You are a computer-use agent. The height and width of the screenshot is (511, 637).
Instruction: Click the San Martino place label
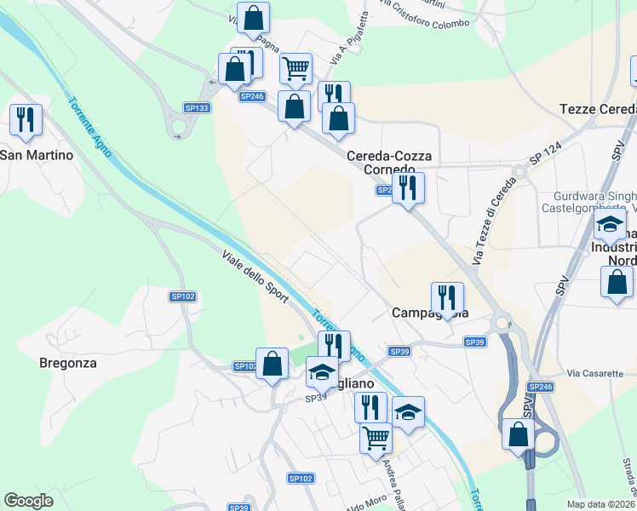(x=37, y=155)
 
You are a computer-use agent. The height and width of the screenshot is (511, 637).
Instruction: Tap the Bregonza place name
(x=68, y=362)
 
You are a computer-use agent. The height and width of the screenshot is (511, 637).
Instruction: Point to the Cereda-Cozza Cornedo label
(x=389, y=163)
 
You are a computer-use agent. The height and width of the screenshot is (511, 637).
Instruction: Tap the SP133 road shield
(x=197, y=108)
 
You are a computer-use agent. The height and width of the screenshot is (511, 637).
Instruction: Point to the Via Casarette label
(x=596, y=373)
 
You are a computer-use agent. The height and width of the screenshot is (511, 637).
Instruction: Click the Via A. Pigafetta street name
(x=351, y=38)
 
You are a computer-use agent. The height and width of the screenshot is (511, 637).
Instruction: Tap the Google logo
(x=28, y=501)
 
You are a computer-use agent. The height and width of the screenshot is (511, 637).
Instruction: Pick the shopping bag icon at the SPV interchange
(x=518, y=433)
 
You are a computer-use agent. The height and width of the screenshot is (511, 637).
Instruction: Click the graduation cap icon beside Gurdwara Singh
(x=610, y=226)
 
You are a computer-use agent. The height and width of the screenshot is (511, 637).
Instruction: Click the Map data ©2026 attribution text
(x=601, y=504)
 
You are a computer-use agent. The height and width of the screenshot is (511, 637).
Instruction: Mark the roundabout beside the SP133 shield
(x=178, y=128)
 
